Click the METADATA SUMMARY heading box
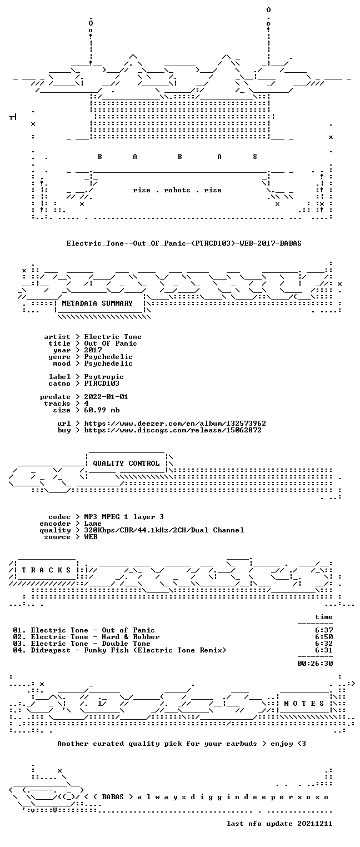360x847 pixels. point(97,303)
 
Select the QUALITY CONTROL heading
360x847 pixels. point(126,463)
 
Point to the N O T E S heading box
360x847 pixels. point(304,703)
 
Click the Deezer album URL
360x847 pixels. point(175,423)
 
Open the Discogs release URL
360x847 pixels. point(173,430)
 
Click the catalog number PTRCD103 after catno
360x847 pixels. point(102,383)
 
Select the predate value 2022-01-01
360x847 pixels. point(106,397)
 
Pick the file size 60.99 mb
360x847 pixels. point(102,410)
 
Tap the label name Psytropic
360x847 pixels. point(104,377)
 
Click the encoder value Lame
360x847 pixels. point(93,524)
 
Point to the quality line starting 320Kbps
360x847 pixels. point(164,530)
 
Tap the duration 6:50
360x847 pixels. point(324,637)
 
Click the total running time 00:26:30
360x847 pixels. point(315,663)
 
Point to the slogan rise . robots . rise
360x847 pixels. point(177,190)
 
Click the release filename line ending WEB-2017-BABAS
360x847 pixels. point(184,243)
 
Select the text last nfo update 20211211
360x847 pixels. point(279,824)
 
